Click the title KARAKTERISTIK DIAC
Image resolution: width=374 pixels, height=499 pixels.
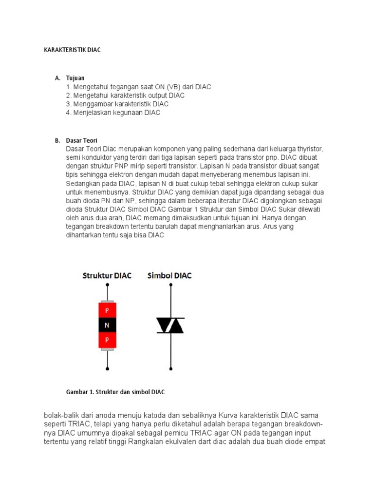(72, 50)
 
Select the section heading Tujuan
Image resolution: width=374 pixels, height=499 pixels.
(75, 78)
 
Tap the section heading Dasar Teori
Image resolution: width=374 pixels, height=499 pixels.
(81, 140)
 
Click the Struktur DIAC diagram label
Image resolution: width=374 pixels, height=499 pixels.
(107, 276)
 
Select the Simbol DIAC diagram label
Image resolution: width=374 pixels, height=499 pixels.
(169, 276)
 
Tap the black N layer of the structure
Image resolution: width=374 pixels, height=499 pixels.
(107, 325)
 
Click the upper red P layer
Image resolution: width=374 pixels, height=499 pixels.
(107, 310)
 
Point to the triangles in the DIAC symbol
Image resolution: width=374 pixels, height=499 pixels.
(170, 325)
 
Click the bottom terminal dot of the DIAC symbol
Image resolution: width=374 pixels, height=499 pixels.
(170, 369)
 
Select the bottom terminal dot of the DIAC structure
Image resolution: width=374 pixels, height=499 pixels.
(107, 369)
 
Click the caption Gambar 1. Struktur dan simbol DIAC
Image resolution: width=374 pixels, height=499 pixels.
(116, 391)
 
